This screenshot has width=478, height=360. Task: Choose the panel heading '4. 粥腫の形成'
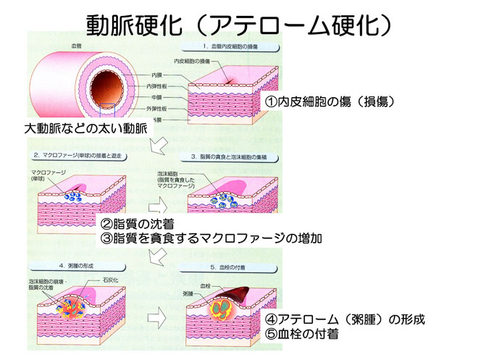point(57,264)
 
